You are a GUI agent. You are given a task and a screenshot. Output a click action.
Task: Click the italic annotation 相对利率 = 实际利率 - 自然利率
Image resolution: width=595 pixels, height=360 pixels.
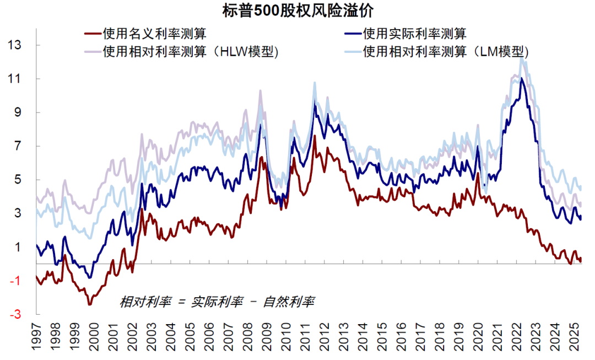click(x=217, y=302)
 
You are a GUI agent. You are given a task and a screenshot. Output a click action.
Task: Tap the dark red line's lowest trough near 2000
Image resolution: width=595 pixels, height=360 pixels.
click(x=90, y=304)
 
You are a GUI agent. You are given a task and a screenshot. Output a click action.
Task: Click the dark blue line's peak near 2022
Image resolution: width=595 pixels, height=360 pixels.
click(x=521, y=79)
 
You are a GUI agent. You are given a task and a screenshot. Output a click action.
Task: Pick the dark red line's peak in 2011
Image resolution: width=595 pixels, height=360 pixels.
click(x=314, y=135)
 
